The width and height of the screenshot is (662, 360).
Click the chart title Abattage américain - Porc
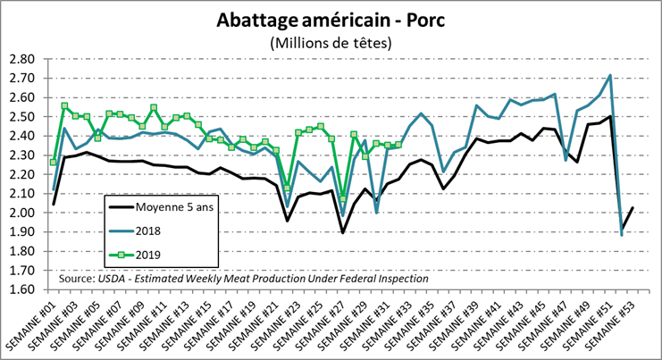pos(331,21)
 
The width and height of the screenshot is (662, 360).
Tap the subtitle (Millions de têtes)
pos(331,42)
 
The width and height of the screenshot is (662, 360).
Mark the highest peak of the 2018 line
pos(609,76)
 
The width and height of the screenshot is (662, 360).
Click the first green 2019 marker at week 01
pos(54,162)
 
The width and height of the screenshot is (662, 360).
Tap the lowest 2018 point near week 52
pos(621,234)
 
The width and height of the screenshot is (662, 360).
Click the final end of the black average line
pos(633,208)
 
